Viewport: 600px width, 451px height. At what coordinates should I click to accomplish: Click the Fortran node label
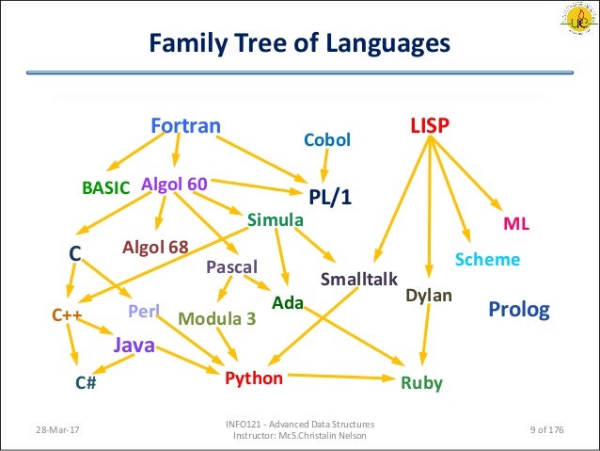(x=186, y=125)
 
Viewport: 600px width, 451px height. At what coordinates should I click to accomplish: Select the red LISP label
(x=430, y=124)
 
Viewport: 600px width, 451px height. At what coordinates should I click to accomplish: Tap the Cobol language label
(x=326, y=140)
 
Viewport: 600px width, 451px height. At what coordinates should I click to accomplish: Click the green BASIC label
(x=106, y=187)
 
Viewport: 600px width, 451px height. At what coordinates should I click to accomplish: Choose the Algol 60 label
(x=174, y=184)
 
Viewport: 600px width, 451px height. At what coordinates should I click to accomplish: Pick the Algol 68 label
(x=155, y=247)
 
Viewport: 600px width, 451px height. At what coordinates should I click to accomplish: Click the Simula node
(x=275, y=219)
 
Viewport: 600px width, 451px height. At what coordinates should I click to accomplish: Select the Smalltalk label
(x=359, y=279)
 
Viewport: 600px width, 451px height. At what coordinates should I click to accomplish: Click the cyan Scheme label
(x=487, y=259)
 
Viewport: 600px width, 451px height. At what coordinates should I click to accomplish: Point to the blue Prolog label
(x=518, y=309)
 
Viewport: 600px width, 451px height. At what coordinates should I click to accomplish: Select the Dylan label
(x=429, y=296)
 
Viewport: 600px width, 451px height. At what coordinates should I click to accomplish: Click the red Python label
(x=254, y=379)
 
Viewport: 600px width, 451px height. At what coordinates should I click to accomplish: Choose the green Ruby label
(x=420, y=383)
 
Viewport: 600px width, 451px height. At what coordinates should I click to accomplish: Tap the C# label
(x=87, y=383)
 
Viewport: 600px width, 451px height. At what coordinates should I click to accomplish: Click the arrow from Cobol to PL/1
(x=324, y=167)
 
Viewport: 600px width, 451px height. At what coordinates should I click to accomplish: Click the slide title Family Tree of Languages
(x=300, y=43)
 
